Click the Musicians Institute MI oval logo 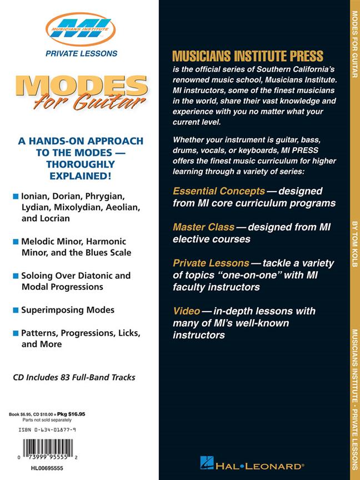pos(78,28)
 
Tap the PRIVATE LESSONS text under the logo pos(78,54)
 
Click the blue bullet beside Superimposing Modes pos(15,310)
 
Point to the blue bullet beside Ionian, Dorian pos(15,197)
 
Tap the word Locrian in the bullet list pos(53,218)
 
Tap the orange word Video pos(187,311)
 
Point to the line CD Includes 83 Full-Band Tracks pos(74,377)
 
